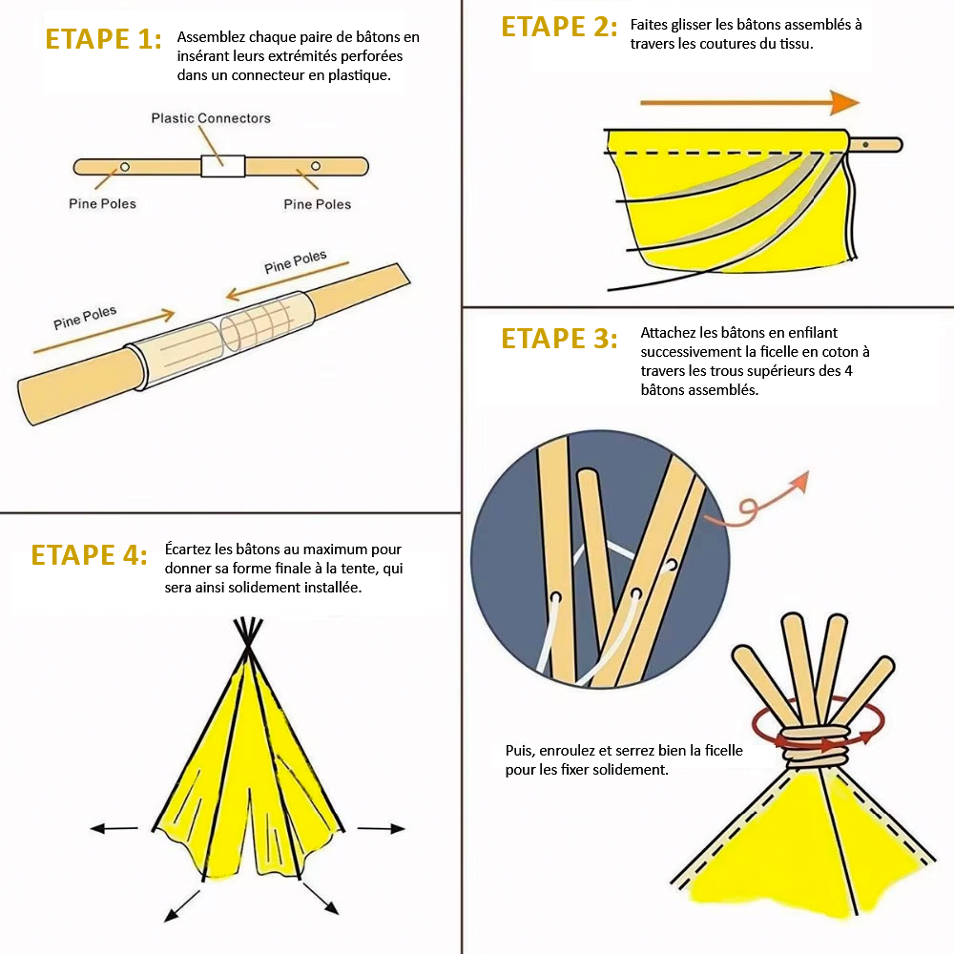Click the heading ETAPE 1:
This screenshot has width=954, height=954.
tap(103, 39)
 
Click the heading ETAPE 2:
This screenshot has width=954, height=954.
tap(559, 27)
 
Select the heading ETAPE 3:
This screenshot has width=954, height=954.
tap(559, 339)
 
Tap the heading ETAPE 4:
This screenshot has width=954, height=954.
tap(89, 555)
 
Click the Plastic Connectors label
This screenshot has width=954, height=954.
tap(211, 118)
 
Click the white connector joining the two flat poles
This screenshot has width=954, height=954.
tap(222, 166)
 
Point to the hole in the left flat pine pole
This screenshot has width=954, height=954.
tap(125, 167)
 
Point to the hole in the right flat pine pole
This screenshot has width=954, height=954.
tap(315, 166)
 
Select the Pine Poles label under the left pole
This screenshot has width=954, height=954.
tap(102, 204)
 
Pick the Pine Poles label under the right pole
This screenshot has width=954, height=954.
tap(317, 204)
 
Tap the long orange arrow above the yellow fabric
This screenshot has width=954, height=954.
tap(750, 103)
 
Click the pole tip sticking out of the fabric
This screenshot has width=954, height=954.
tap(876, 145)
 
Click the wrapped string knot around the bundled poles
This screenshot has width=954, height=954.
tap(816, 746)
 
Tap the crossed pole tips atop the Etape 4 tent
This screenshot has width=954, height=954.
tap(248, 634)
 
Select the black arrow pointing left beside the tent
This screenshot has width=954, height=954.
tap(114, 828)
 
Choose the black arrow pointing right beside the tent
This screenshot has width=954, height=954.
tap(381, 828)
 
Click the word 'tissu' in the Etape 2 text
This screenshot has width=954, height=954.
tap(796, 44)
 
